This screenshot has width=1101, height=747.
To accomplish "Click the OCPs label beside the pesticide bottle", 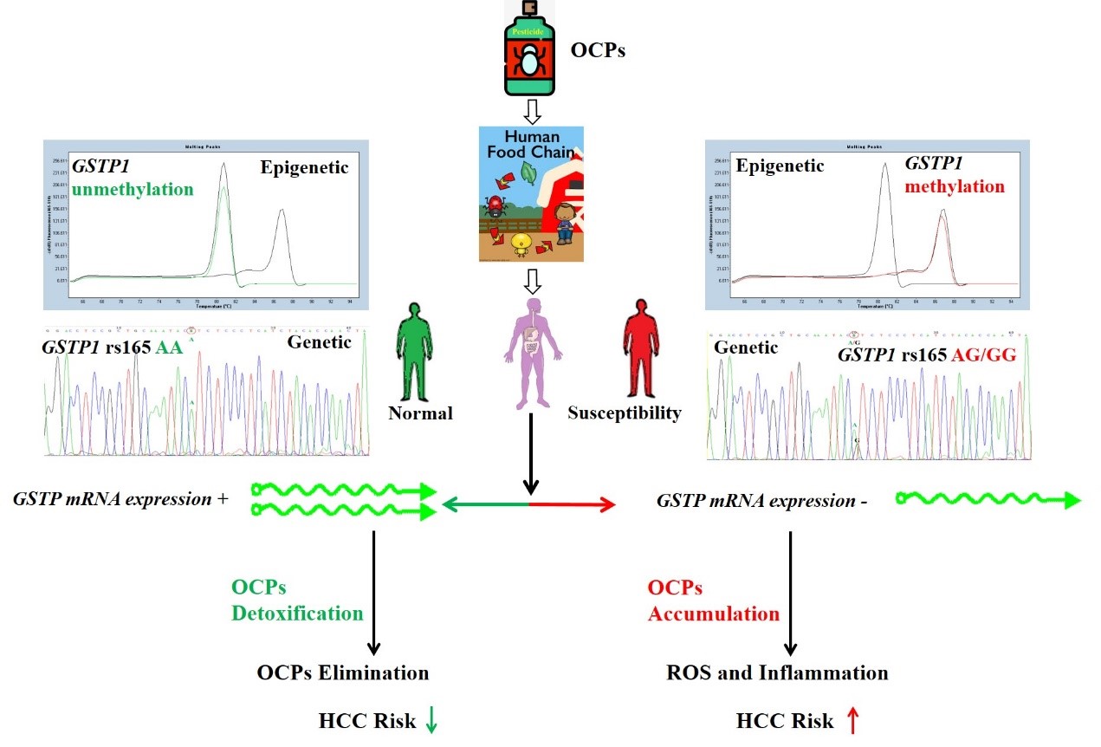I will pos(598,50).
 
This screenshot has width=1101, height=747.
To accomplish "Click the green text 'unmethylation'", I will pos(132,188).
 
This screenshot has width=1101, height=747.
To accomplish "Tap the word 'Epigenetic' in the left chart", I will pos(305,167).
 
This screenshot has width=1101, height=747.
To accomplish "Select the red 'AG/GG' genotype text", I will pos(983,354).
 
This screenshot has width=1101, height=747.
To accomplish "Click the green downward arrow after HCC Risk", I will pos(431,722).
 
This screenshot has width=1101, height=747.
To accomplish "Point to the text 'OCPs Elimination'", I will pos(342,672).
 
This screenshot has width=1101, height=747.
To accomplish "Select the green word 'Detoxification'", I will pos(297,613).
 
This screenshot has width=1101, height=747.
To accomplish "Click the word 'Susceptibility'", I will pos(624,413).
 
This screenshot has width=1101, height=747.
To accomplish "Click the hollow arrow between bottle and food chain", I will pos(533,110).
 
